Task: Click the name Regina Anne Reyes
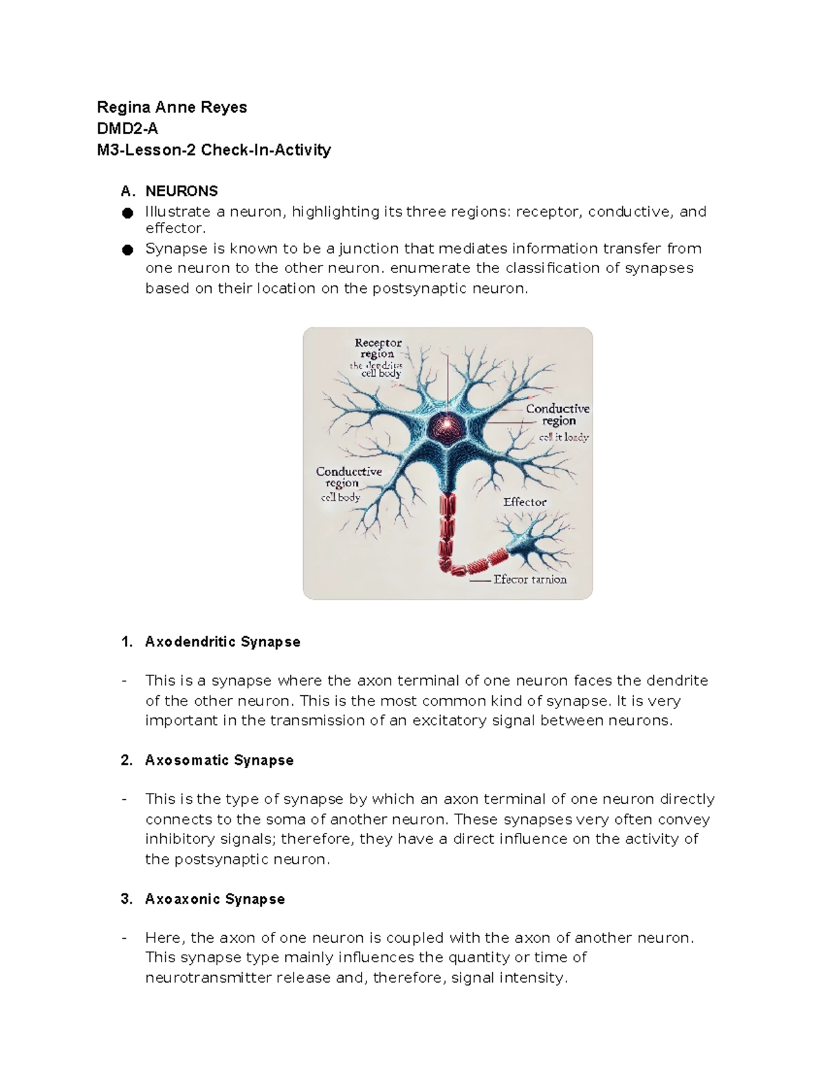172,107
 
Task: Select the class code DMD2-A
128,129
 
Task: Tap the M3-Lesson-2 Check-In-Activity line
214,150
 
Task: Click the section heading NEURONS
181,190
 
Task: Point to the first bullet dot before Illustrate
127,213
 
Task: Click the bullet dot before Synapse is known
127,250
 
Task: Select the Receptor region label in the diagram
378,348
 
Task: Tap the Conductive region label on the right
558,415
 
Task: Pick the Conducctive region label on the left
349,477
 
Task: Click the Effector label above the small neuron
525,502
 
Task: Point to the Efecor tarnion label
530,580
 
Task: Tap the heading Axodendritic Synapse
223,642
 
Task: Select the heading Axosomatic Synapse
219,760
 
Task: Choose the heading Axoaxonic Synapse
214,899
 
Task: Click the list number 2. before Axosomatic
126,760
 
